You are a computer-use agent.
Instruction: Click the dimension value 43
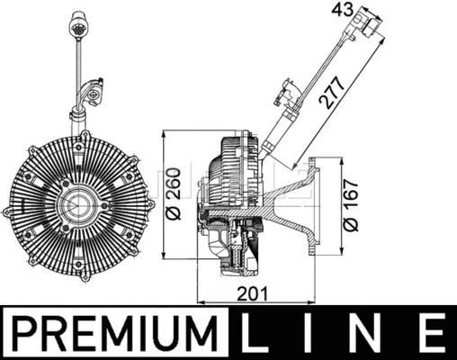tap(343, 10)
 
